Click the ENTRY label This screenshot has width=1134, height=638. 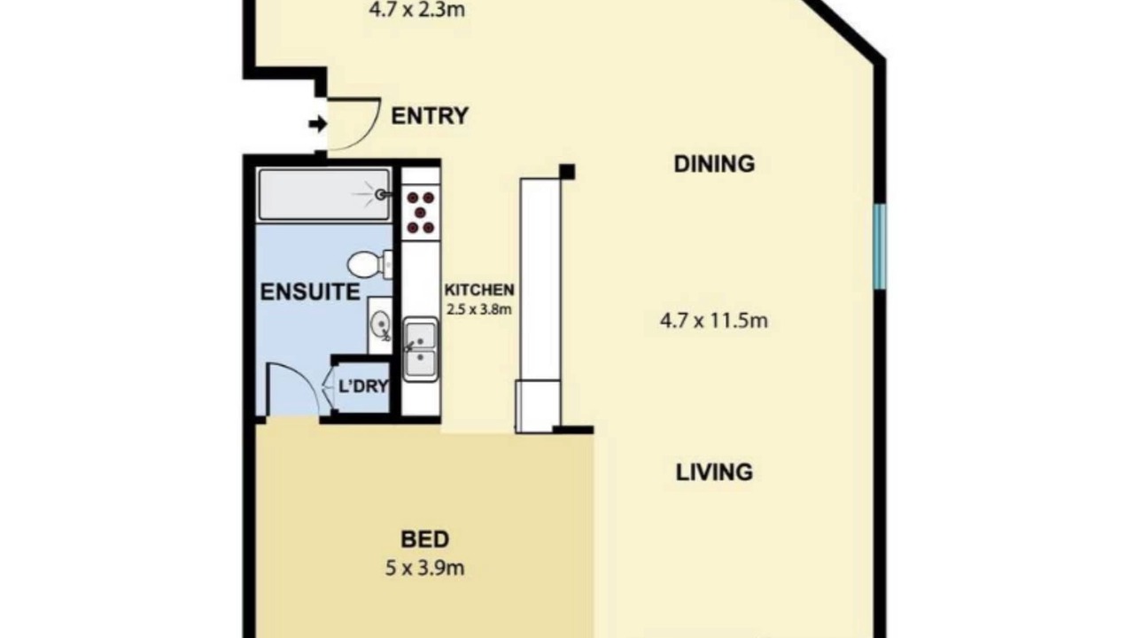[x=430, y=116]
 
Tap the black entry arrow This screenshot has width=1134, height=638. [x=318, y=123]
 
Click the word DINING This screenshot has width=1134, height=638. [x=714, y=164]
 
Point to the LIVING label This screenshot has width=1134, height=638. [x=714, y=472]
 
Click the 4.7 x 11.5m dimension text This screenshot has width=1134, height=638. [x=714, y=321]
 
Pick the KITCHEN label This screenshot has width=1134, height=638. [x=479, y=290]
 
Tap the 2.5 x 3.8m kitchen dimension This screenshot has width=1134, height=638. [x=479, y=309]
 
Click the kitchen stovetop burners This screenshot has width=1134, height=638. [x=421, y=212]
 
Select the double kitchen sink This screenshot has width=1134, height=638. [x=420, y=349]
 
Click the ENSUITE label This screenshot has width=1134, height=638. [x=310, y=292]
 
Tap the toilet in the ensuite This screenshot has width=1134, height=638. [x=369, y=264]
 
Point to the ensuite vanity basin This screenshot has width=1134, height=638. [x=380, y=324]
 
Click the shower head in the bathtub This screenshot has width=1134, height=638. [x=382, y=194]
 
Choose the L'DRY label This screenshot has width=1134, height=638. [x=363, y=386]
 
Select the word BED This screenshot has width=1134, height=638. [x=424, y=540]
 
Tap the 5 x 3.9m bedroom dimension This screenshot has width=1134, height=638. [x=424, y=568]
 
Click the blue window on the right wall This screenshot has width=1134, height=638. [x=880, y=246]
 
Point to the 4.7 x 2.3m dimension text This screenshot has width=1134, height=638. [x=416, y=10]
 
